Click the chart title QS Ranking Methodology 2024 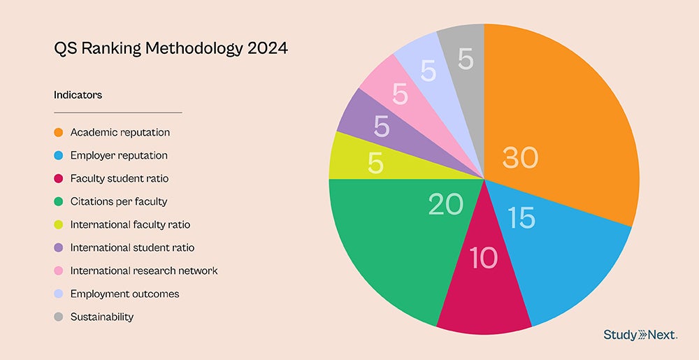click(171, 50)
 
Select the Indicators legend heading click(78, 95)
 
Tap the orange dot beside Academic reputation click(58, 132)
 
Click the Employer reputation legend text click(119, 155)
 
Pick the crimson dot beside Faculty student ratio click(58, 178)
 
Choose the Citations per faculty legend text click(119, 201)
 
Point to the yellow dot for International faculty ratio click(58, 224)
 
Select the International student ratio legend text click(132, 247)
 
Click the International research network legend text click(144, 271)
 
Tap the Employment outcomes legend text click(124, 294)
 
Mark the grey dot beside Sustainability click(58, 317)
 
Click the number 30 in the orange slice click(521, 158)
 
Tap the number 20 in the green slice click(446, 203)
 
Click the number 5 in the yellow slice click(376, 164)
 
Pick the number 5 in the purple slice click(382, 127)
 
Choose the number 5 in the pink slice click(400, 94)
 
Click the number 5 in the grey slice click(466, 60)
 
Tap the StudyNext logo click(640, 336)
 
